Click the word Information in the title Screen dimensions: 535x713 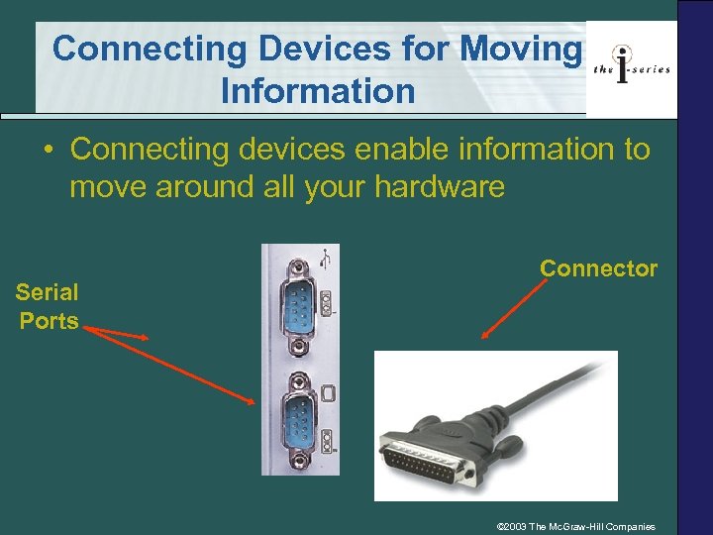coord(318,91)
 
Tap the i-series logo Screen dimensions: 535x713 coord(631,67)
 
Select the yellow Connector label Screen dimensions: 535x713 coord(598,268)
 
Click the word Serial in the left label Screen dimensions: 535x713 coord(47,292)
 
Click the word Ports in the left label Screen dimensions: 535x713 coord(49,321)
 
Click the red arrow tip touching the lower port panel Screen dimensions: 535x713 coord(254,401)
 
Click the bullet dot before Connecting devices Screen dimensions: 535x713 coord(48,151)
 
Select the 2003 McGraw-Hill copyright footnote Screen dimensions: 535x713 coord(582,525)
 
